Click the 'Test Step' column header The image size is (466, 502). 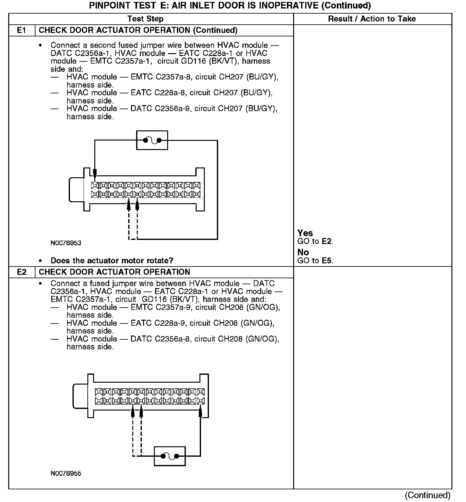145,19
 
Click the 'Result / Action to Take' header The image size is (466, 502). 372,19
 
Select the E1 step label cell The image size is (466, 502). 22,30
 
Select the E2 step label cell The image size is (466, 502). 22,272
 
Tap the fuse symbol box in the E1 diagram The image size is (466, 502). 152,140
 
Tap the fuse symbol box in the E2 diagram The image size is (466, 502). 170,456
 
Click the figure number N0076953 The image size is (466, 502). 66,243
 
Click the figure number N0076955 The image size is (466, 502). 66,474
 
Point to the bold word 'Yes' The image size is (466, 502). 305,233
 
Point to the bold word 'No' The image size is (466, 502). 303,252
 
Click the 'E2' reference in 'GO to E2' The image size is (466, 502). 327,242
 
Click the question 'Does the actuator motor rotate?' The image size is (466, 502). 112,261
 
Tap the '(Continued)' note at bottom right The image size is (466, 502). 427,495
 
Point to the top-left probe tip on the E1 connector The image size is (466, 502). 95,173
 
